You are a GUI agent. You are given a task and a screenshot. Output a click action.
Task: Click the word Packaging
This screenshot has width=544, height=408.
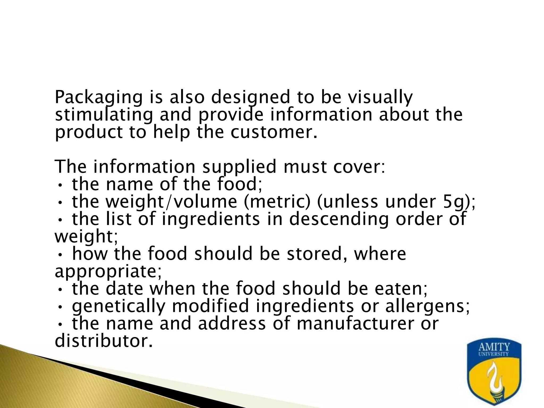(99, 98)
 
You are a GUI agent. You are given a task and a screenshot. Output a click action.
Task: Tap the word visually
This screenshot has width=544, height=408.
(380, 98)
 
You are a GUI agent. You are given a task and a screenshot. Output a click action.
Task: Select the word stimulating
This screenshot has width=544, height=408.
(104, 115)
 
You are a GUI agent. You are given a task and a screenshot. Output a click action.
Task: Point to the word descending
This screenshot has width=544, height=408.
(338, 219)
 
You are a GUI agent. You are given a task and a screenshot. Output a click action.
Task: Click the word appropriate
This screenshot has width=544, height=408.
(108, 271)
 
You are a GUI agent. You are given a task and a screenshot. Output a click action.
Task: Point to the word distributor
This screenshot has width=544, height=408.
(104, 341)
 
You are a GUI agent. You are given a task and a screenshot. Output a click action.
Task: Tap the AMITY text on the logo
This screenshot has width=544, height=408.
(494, 347)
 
